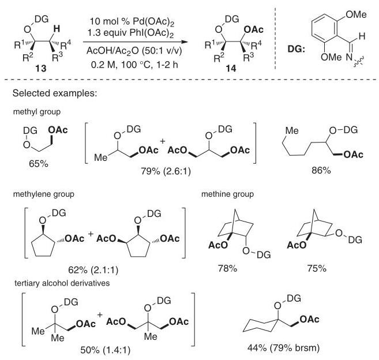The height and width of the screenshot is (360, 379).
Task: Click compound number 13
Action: pos(41,69)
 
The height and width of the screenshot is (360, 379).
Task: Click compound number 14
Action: pos(231,69)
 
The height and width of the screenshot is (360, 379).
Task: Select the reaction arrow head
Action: pos(185,42)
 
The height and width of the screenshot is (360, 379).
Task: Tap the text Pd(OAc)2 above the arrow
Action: pos(153,22)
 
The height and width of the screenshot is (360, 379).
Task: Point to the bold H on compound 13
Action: pos(57,29)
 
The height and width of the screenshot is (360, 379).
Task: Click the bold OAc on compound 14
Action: pos(254,30)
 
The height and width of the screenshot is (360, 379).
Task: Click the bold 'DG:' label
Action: pos(296,50)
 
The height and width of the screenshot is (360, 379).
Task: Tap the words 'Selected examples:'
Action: pos(55,93)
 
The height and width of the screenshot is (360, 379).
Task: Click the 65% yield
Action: pos(39,164)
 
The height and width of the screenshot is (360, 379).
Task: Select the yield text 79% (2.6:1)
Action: pos(166,171)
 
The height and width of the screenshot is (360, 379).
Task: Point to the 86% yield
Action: pos(321,171)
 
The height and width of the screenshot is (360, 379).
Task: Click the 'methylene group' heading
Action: pos(43,194)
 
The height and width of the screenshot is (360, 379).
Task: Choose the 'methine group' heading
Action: pos(227,194)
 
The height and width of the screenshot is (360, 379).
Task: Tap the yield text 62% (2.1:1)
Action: pos(93,270)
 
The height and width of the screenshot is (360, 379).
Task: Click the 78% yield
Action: pos(227,268)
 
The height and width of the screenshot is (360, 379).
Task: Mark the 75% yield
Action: pos(317,268)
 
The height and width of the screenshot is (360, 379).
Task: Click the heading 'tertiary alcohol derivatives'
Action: pos(62,283)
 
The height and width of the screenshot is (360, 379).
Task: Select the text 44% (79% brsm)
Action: pos(283,348)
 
